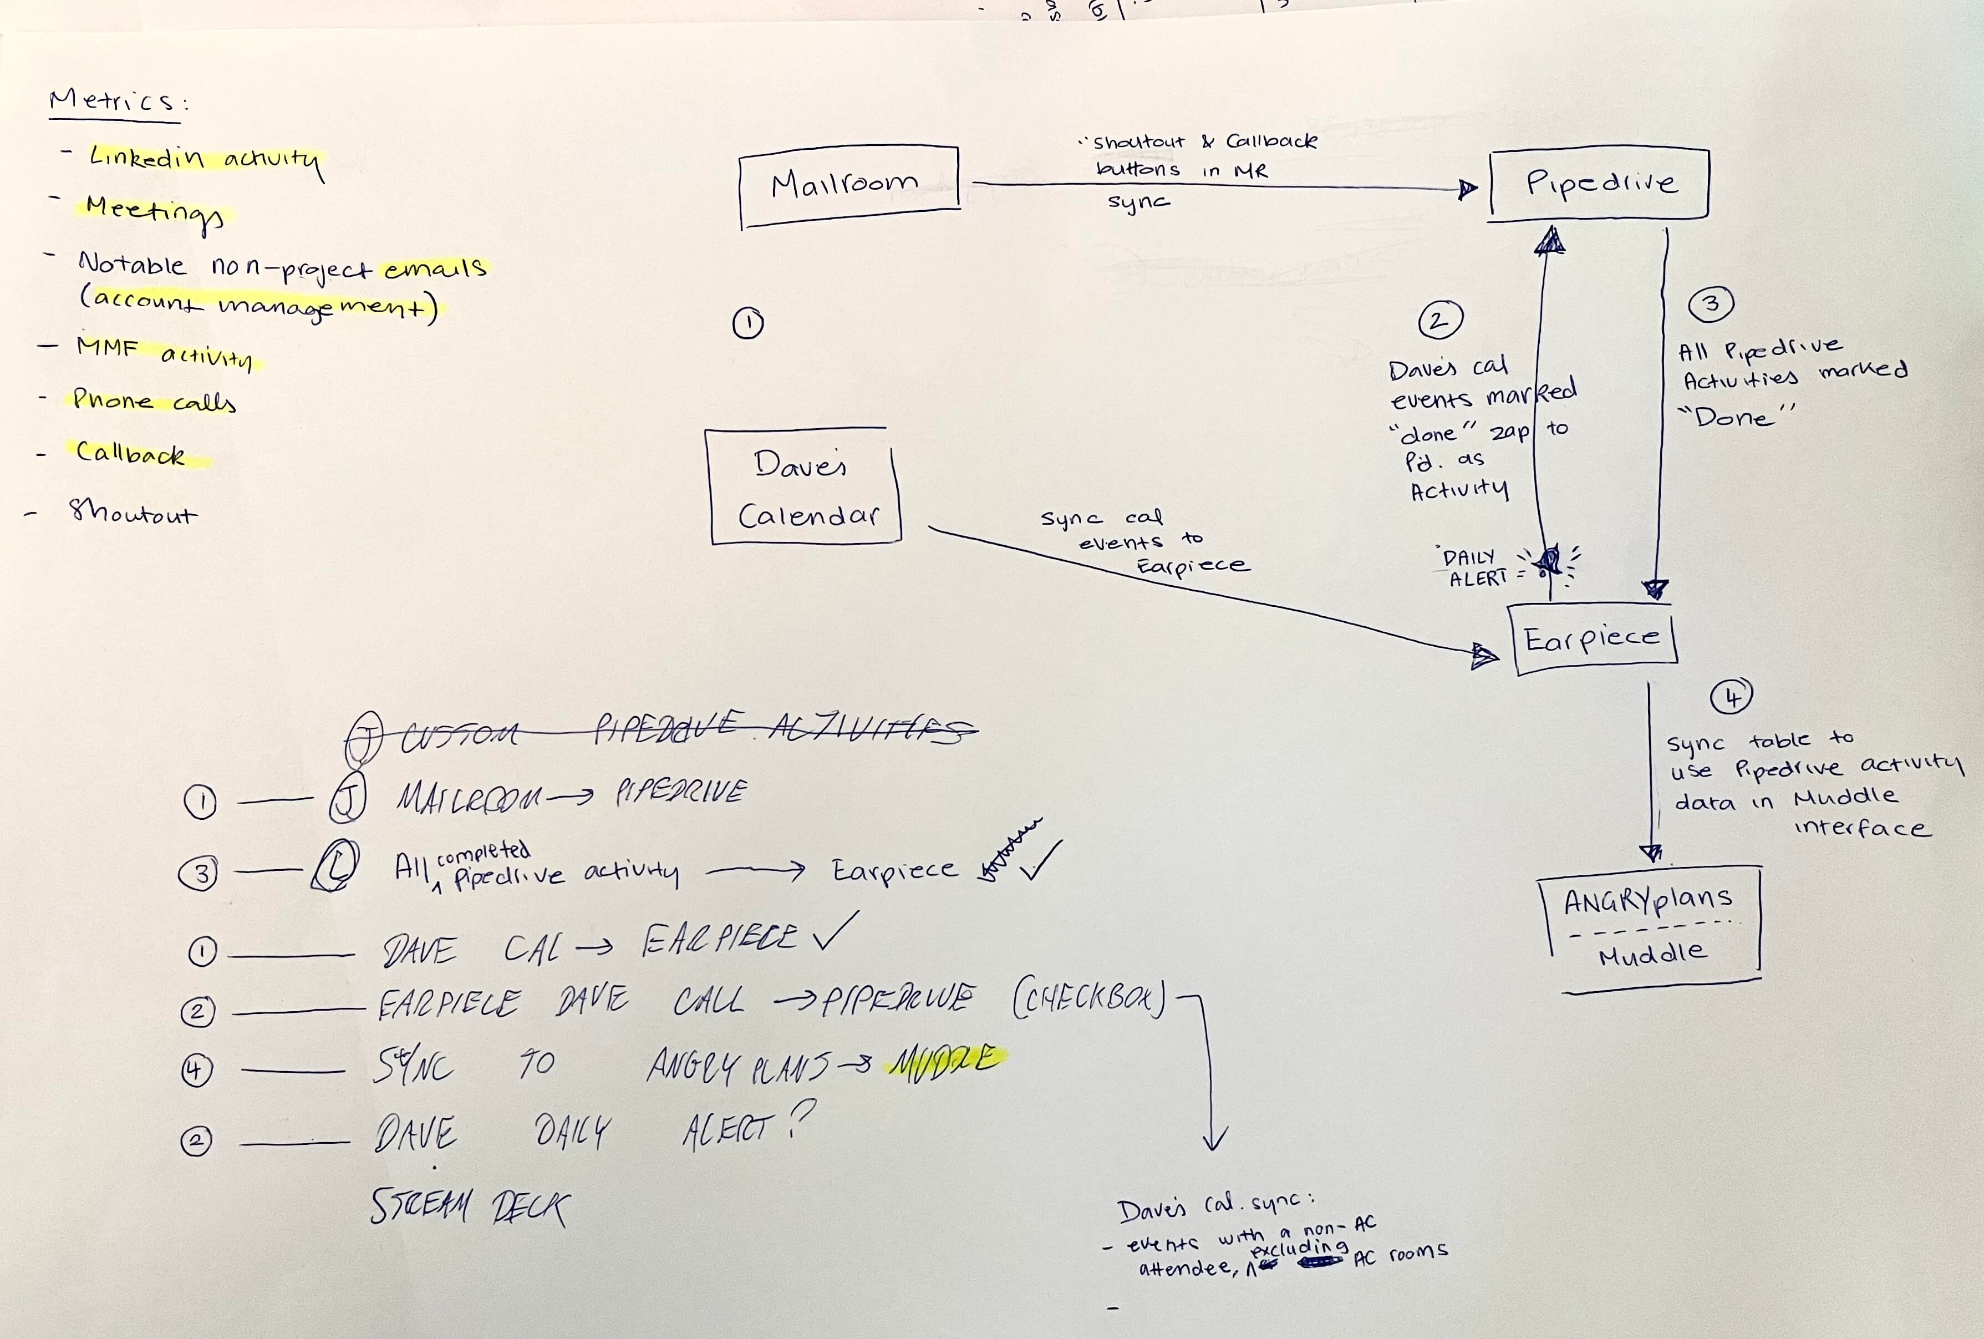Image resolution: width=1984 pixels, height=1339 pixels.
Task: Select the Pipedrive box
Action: (1599, 184)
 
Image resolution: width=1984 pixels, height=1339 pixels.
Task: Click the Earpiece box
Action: (1594, 639)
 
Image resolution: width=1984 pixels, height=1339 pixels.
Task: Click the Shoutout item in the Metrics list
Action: (133, 513)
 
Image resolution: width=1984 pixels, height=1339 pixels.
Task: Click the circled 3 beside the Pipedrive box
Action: (1710, 304)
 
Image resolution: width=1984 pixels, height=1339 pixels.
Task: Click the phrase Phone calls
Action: (154, 400)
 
